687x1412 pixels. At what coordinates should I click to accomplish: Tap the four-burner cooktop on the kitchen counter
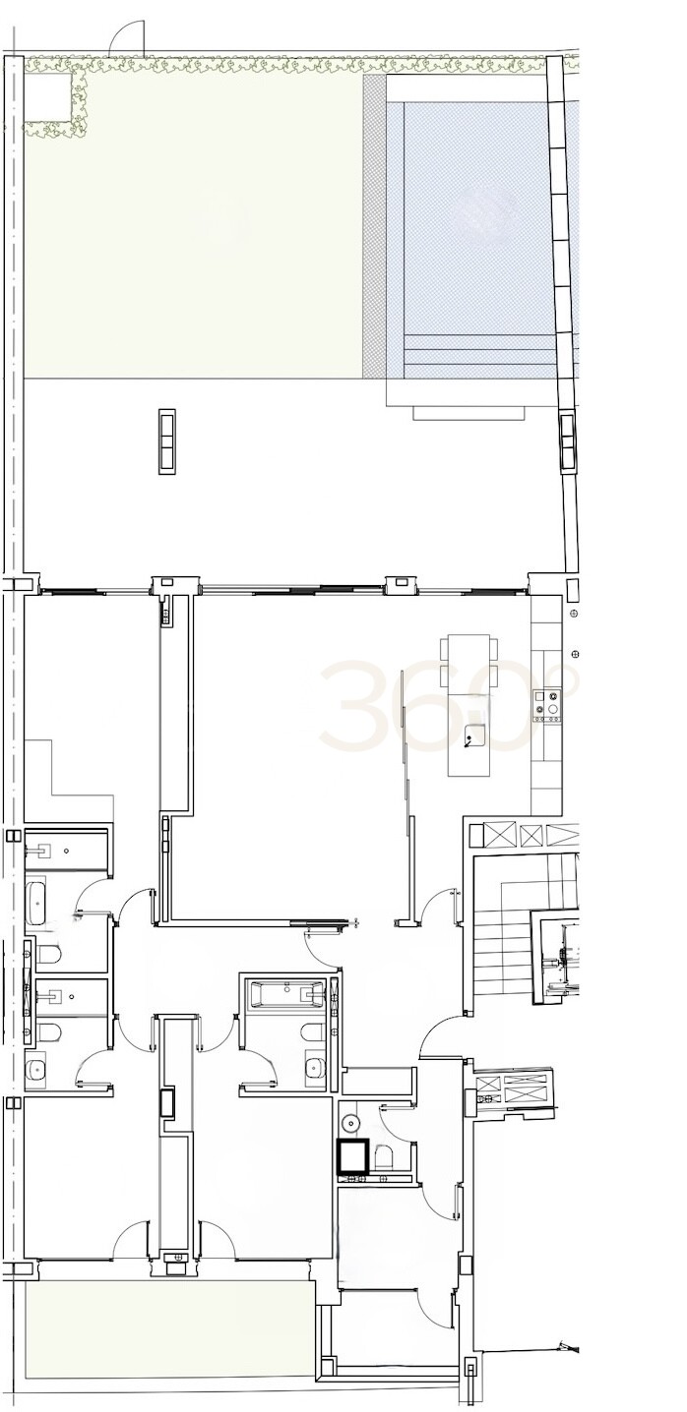coord(547,705)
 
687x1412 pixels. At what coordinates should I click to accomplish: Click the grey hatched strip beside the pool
coord(375,227)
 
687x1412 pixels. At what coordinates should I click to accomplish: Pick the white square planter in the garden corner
coord(48,97)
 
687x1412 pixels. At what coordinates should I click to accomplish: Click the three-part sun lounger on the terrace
coord(166,441)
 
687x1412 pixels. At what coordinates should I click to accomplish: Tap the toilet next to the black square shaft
coord(382,1157)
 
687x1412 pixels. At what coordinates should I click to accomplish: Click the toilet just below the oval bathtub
coord(48,955)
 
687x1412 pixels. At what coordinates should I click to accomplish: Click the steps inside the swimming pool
coord(479,357)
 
